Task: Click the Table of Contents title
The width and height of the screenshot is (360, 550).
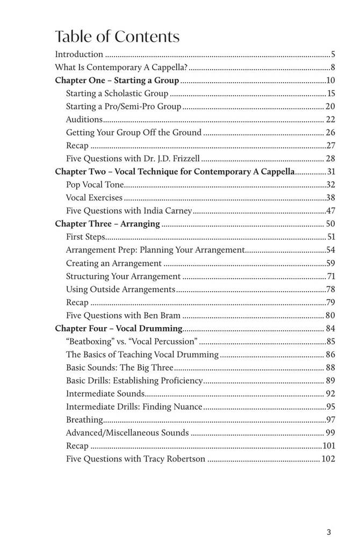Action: tap(117, 37)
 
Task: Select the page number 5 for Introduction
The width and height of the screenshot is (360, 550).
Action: tap(333, 54)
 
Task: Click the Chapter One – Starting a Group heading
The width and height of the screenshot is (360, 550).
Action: tap(117, 81)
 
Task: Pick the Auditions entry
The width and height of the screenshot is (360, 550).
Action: tap(84, 119)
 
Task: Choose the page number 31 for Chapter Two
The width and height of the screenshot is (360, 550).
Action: tap(331, 171)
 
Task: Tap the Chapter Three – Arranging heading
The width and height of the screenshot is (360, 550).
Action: tap(107, 224)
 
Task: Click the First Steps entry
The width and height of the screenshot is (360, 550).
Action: tap(85, 237)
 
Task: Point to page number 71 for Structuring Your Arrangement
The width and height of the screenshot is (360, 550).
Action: tap(331, 276)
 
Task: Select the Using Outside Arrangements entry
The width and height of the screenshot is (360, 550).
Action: tap(120, 289)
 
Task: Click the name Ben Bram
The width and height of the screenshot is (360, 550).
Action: tap(162, 315)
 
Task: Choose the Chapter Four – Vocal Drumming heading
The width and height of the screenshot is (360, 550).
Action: tap(119, 328)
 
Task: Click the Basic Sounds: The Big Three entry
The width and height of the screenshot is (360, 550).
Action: tap(119, 367)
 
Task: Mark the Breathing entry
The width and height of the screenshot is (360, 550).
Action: tap(84, 419)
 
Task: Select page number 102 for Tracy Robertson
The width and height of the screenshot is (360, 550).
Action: tap(328, 459)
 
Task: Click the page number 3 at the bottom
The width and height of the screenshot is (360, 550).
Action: tap(328, 532)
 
